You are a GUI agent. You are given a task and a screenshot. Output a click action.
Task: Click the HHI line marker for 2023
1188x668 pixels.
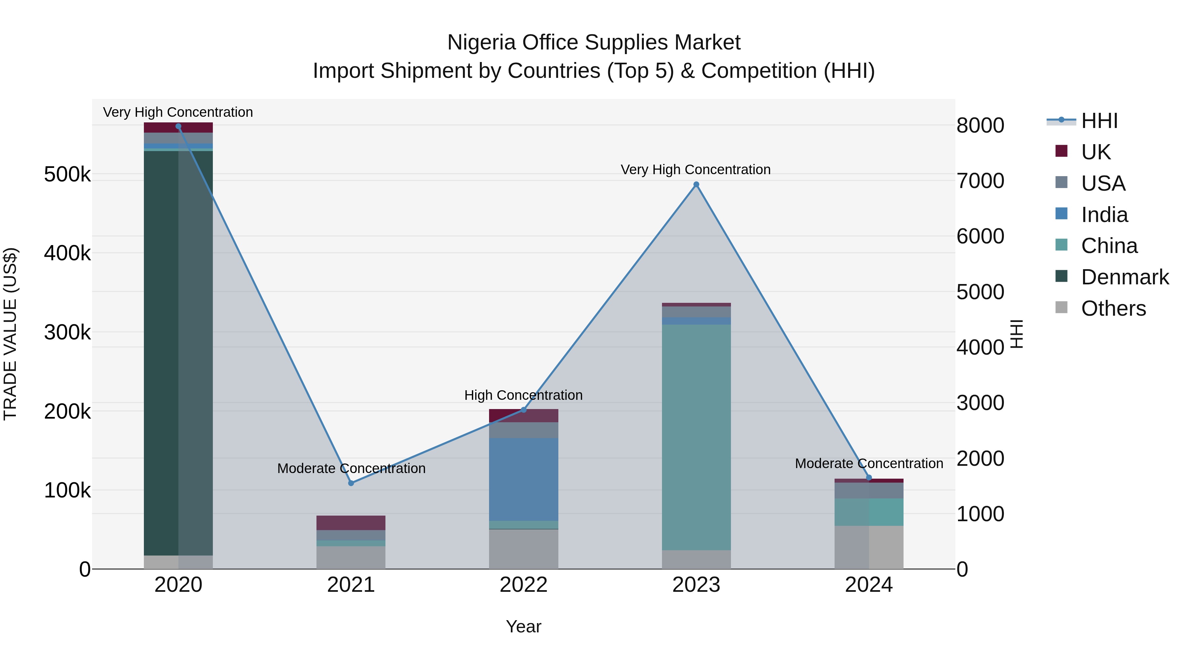point(696,184)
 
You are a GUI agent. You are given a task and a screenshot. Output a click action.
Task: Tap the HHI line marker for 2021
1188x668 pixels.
point(351,483)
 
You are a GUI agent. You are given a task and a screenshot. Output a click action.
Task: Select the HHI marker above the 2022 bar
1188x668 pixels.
point(523,410)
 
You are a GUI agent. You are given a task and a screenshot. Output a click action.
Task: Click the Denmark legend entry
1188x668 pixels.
point(1111,277)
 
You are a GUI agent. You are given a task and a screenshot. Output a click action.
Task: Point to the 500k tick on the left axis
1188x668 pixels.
point(67,175)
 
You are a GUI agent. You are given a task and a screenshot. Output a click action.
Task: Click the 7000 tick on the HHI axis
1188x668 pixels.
point(980,181)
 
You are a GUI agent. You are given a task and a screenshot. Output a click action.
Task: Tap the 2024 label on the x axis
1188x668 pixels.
point(869,585)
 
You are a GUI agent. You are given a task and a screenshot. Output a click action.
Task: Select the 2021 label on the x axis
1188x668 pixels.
point(351,585)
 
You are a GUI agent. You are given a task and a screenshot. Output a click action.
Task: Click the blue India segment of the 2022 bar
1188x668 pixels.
point(523,479)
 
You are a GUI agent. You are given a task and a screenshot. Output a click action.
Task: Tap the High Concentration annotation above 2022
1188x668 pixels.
point(523,395)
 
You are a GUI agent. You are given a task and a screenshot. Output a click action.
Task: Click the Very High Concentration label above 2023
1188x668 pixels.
point(695,170)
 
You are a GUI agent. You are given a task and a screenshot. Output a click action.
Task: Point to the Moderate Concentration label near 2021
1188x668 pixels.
point(351,468)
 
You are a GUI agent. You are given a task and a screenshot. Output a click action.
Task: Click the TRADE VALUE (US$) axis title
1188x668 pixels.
point(10,334)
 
